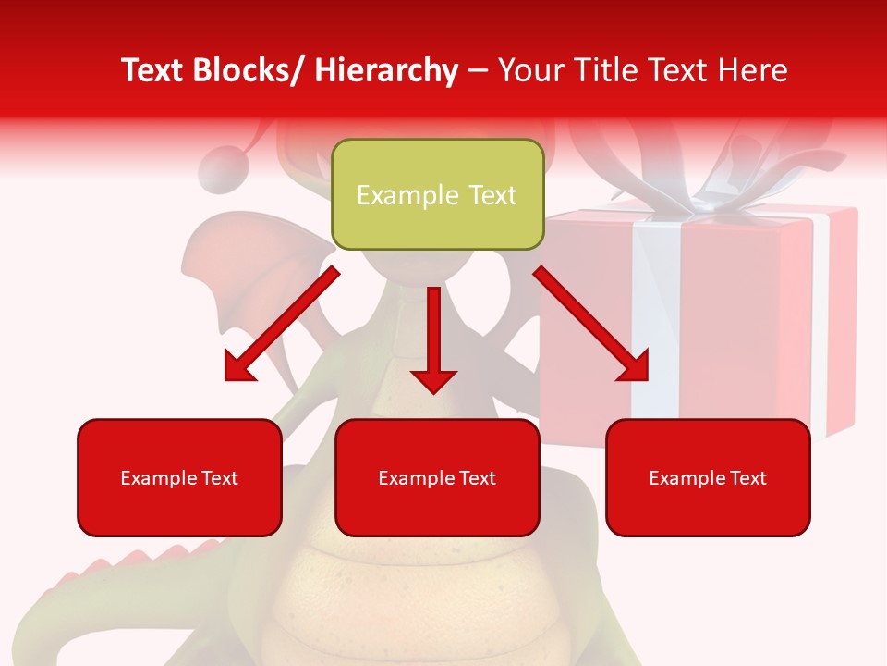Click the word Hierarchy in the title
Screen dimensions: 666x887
pyautogui.click(x=386, y=70)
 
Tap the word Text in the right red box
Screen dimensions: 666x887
pyautogui.click(x=746, y=478)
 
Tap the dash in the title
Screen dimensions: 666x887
pyautogui.click(x=478, y=70)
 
